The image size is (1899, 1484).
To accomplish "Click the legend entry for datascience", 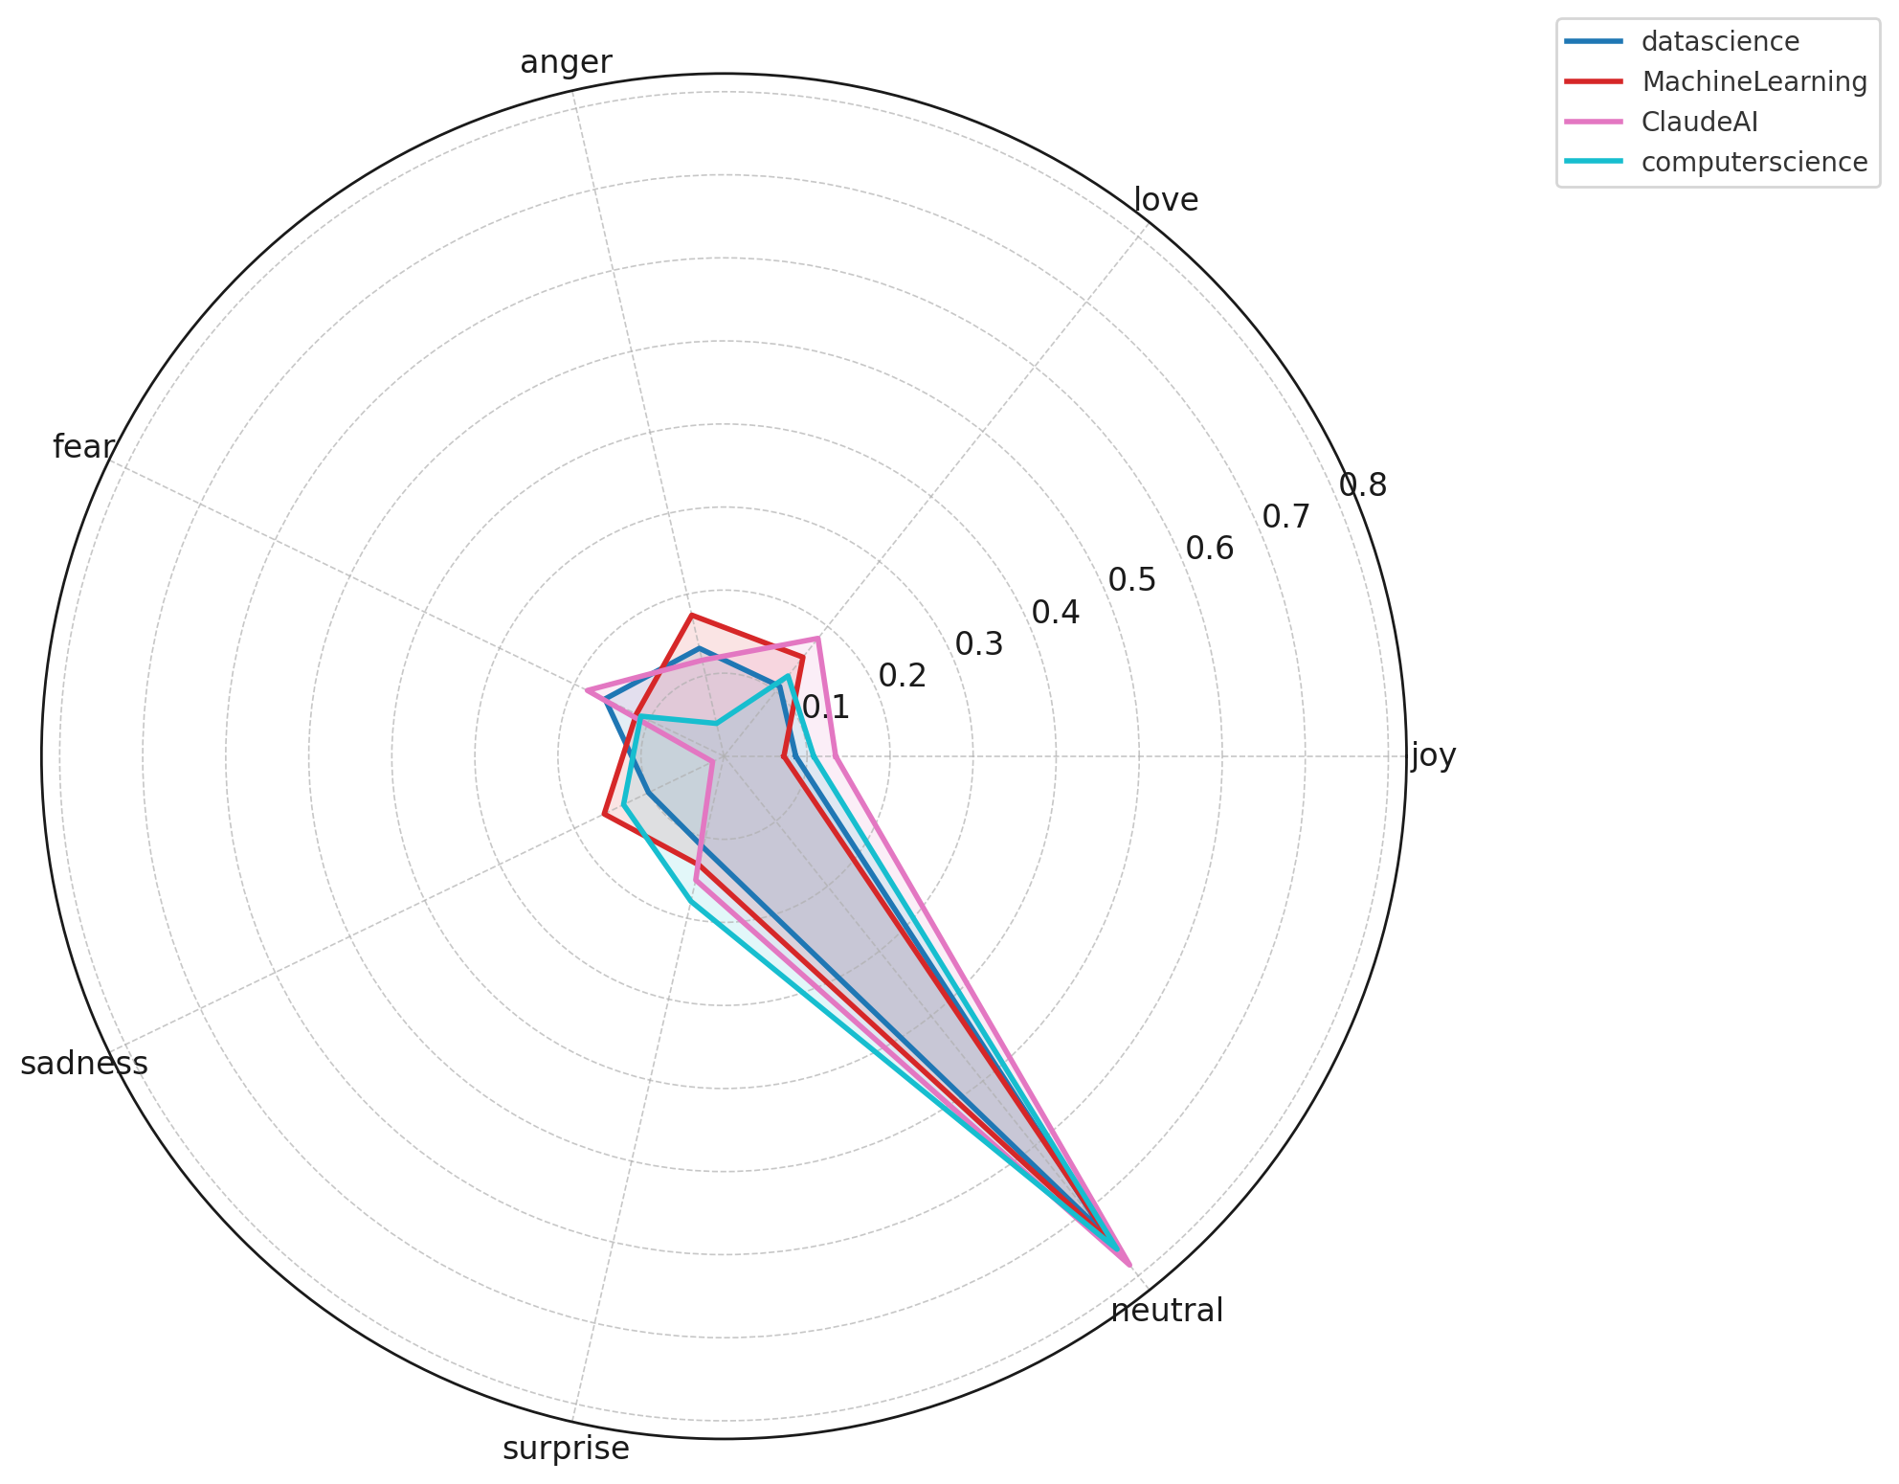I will coord(1719,42).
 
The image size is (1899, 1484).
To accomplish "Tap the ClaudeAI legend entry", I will coord(1699,123).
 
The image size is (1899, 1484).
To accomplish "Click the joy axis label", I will coord(1433,756).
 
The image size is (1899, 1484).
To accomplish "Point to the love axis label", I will coord(1165,200).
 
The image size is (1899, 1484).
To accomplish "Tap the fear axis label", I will coord(84,447).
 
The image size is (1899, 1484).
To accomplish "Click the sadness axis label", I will coord(84,1064).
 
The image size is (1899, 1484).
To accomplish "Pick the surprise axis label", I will coord(566,1450).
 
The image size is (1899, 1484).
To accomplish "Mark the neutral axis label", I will coord(1166,1311).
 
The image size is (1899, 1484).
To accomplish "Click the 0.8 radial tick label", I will coord(1362,485).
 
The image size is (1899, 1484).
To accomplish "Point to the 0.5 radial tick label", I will coord(1131,580).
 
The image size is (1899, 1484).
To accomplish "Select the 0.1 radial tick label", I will coord(825,708).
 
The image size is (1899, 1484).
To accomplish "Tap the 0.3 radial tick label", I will coord(978,644).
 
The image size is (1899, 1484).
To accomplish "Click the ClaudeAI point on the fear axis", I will coord(587,690).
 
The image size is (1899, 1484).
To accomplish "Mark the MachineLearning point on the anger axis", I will coord(691,616).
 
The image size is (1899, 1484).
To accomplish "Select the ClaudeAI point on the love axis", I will coord(818,638).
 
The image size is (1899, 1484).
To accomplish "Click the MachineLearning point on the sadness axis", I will coord(604,815).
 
